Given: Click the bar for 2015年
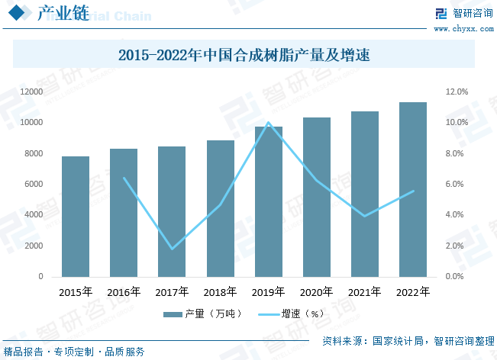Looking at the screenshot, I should click(76, 217).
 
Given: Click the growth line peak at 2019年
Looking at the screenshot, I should click(268, 122).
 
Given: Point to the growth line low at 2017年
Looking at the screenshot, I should click(172, 249).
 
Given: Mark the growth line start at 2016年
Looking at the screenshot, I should click(124, 178).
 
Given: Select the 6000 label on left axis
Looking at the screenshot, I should click(34, 184).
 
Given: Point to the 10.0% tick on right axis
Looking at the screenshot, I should click(457, 122).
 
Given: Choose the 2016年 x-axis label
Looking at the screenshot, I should click(124, 291).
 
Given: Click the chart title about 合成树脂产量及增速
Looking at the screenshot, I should click(249, 55).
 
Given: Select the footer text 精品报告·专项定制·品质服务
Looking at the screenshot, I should click(74, 352).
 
